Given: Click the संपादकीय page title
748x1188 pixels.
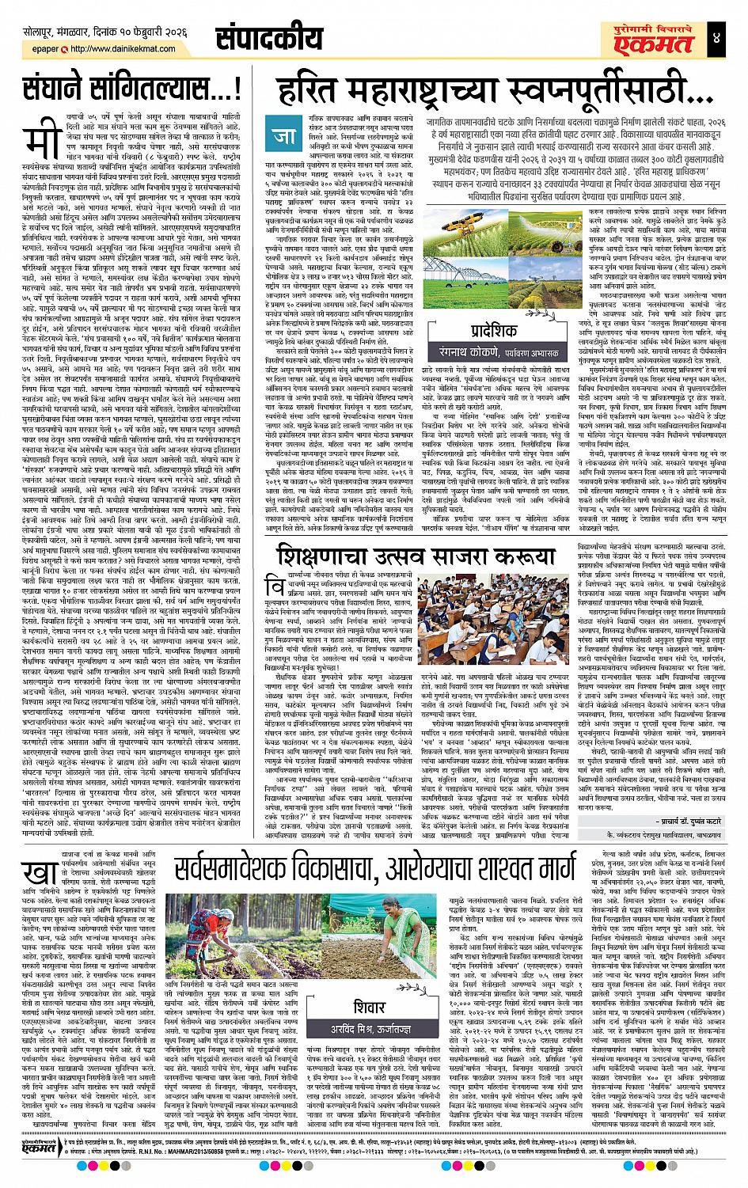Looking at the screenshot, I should (x=269, y=38).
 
